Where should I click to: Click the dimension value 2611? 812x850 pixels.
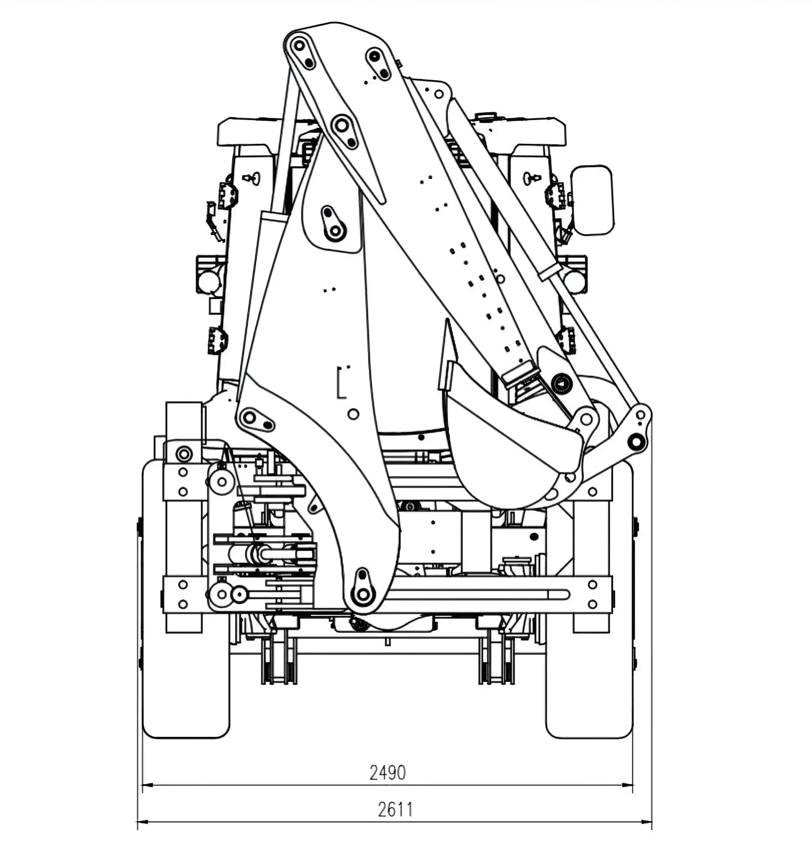click(x=395, y=809)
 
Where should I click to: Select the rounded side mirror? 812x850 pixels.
click(x=592, y=200)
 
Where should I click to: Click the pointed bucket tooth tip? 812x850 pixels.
click(x=447, y=320)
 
